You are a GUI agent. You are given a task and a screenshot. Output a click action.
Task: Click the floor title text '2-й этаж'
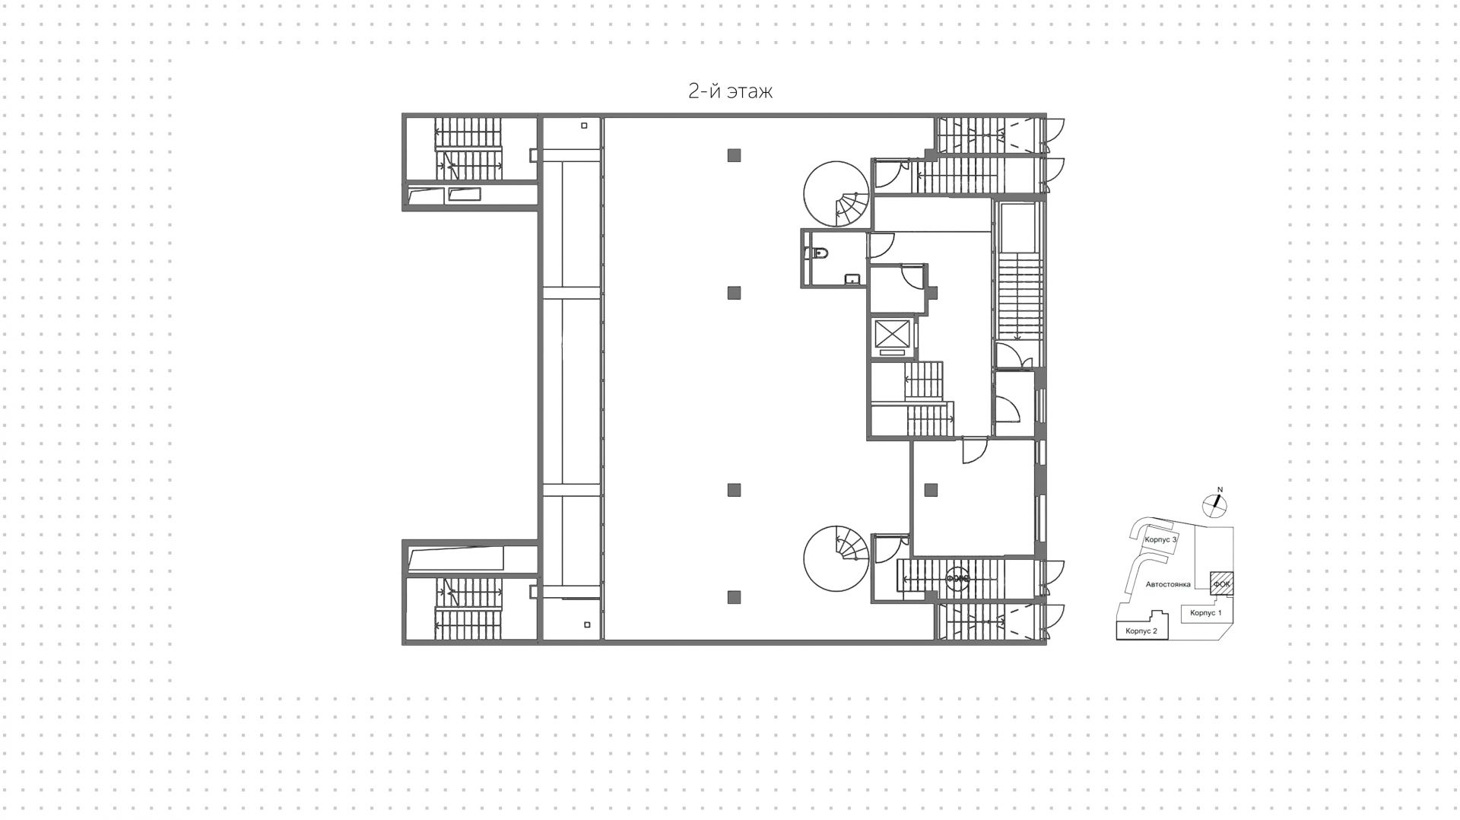click(x=730, y=91)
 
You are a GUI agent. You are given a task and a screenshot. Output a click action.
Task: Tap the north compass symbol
click(x=1214, y=503)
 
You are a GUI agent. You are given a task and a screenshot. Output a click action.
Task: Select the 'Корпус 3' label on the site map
click(x=1160, y=539)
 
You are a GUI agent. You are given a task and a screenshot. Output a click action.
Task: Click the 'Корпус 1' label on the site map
click(x=1205, y=612)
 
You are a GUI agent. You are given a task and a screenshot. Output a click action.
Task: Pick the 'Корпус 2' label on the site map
click(x=1141, y=631)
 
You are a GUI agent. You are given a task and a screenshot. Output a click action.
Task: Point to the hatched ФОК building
click(x=1221, y=583)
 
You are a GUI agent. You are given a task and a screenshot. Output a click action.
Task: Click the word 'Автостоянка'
click(x=1168, y=584)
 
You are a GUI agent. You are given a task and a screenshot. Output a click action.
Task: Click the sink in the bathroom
click(x=852, y=279)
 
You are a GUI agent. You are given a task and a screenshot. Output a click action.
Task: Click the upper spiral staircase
click(x=837, y=194)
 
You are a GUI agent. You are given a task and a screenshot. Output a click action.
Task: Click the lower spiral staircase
click(x=836, y=558)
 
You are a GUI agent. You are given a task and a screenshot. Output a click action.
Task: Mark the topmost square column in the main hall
click(x=734, y=155)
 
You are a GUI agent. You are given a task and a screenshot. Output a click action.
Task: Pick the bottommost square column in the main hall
click(x=734, y=597)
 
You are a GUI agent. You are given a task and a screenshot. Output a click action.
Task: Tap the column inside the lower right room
click(x=931, y=490)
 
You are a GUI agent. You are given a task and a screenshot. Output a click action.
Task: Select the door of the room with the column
click(x=973, y=452)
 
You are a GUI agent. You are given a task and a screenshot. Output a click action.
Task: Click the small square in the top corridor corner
click(x=584, y=126)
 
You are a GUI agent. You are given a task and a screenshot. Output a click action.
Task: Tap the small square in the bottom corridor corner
click(x=587, y=625)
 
